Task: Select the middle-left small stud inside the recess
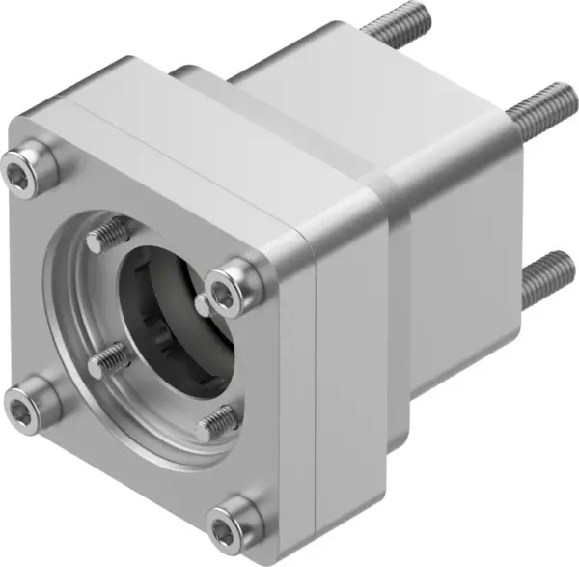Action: (106, 360)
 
